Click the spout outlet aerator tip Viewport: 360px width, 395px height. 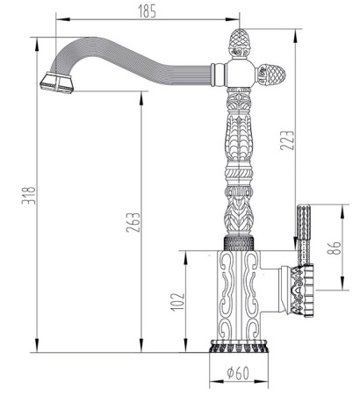54,84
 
